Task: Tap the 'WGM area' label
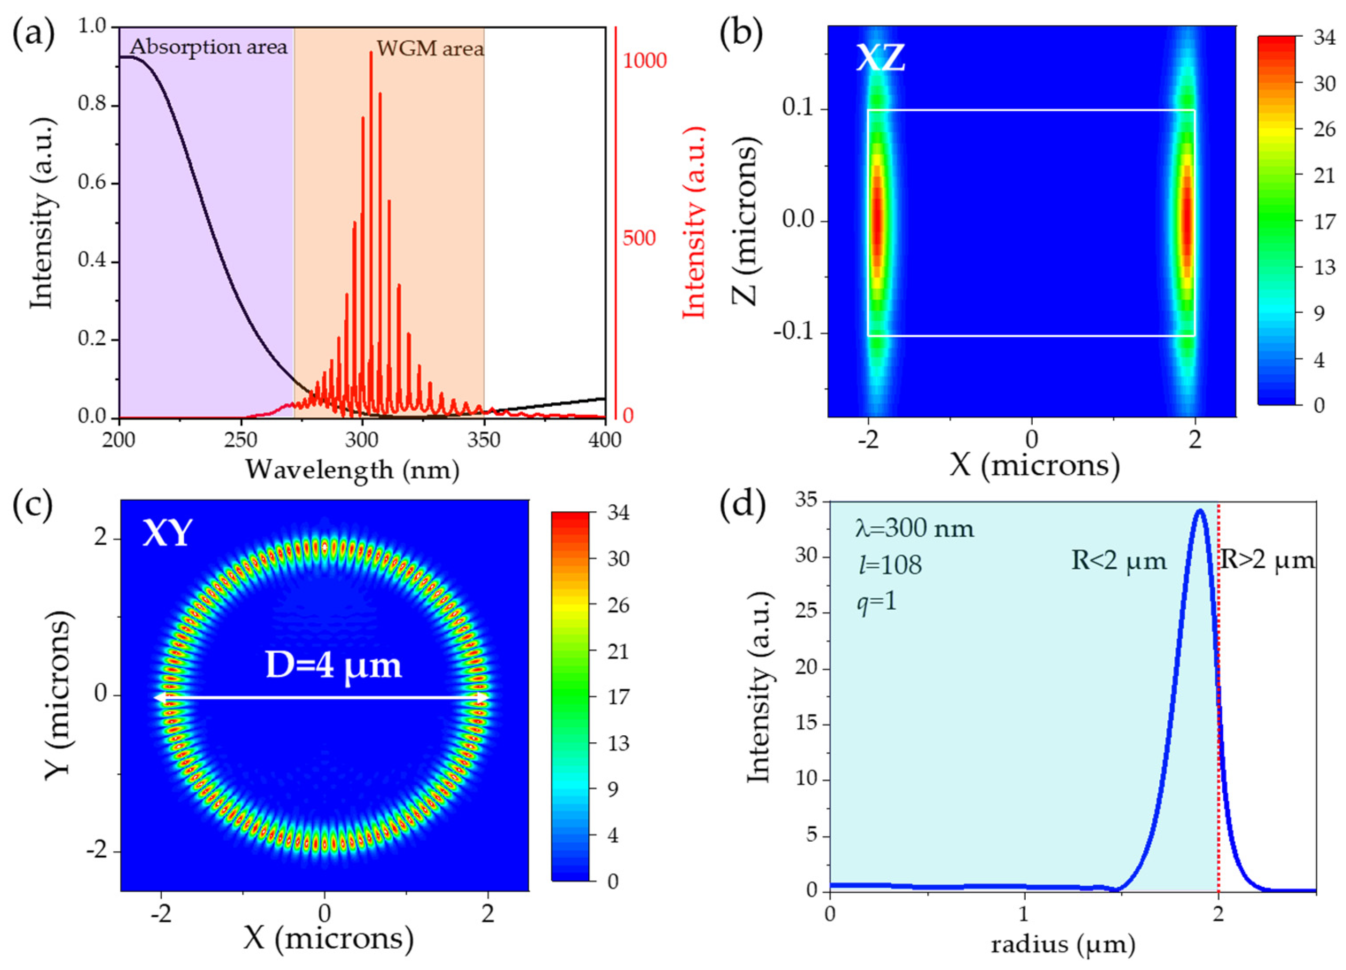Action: (x=430, y=48)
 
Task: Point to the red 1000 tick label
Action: (x=644, y=61)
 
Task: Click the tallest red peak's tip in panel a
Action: (x=371, y=52)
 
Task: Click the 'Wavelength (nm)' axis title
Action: (x=353, y=469)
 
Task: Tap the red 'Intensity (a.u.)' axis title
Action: (x=694, y=223)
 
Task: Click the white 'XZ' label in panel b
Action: (x=880, y=58)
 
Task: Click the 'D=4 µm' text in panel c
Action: (x=333, y=666)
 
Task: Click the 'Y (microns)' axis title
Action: (x=59, y=694)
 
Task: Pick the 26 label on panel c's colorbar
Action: (x=617, y=605)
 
